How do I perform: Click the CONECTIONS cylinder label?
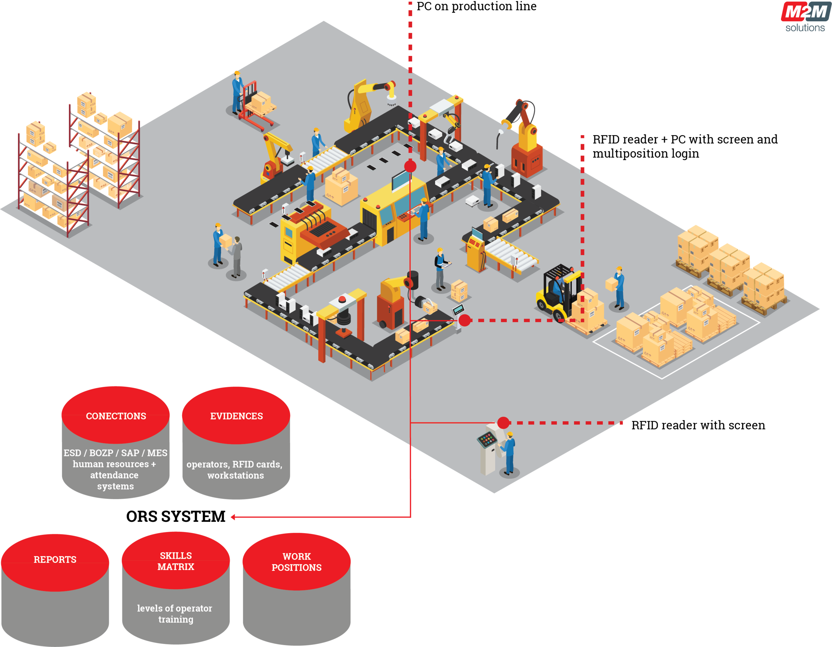point(116,416)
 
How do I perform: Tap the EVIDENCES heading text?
point(236,416)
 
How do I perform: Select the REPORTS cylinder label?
point(55,559)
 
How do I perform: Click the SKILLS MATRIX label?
point(176,561)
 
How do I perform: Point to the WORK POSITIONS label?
point(297,562)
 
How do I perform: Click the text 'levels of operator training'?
point(175,613)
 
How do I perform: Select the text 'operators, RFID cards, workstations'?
point(234,470)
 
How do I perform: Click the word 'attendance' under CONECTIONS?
point(114,475)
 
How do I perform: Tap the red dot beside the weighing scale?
point(464,320)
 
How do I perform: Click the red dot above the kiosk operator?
point(503,423)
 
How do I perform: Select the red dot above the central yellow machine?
point(410,166)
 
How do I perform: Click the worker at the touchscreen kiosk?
point(509,454)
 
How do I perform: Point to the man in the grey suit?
point(237,256)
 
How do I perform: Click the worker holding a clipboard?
point(440,269)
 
